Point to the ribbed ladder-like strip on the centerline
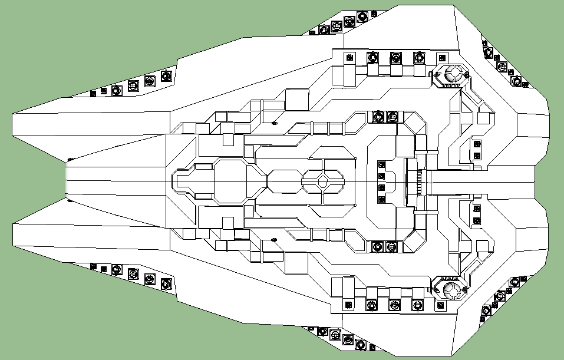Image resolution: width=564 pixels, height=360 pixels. pyautogui.click(x=420, y=181)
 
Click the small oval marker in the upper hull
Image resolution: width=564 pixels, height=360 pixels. pyautogui.click(x=274, y=123)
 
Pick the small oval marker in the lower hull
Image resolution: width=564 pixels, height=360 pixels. pyautogui.click(x=274, y=239)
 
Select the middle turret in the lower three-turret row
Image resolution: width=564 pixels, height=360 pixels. pyautogui.click(x=395, y=305)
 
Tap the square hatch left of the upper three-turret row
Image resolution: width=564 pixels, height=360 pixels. pyautogui.click(x=349, y=58)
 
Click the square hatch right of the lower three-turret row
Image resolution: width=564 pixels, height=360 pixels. pyautogui.click(x=440, y=305)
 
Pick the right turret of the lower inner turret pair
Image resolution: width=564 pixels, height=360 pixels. pyautogui.click(x=391, y=245)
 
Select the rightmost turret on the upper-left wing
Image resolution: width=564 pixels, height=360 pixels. pyautogui.click(x=166, y=76)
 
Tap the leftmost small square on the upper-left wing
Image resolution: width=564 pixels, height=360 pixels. pyautogui.click(x=93, y=93)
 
